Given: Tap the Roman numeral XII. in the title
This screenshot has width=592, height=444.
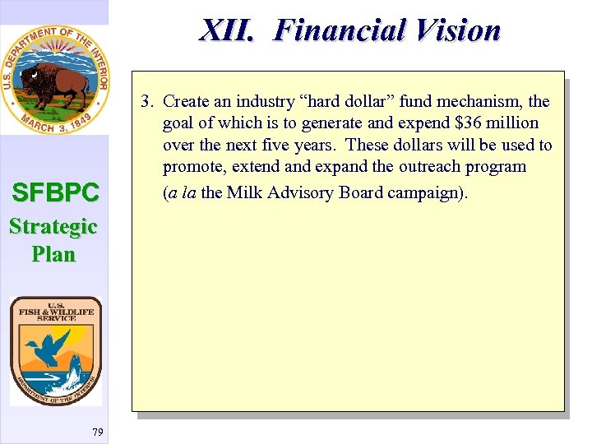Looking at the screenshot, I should [232, 30].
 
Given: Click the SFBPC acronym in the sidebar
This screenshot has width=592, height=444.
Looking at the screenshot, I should [55, 193].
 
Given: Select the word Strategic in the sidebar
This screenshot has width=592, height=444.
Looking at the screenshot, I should [53, 226].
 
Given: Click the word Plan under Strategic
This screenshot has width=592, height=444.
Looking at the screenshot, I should [53, 254].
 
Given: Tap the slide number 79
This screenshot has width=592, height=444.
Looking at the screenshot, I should [98, 432].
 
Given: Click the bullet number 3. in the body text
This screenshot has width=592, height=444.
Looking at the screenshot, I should [148, 102].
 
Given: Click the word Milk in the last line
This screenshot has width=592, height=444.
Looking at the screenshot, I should [243, 193].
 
